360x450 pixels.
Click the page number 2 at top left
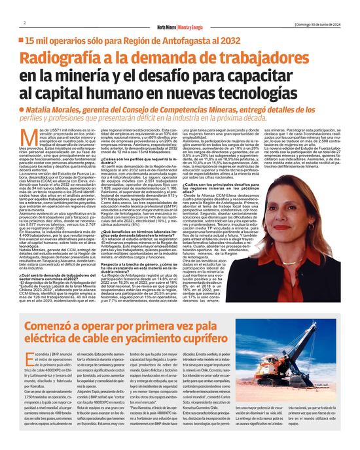coord(24,24)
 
